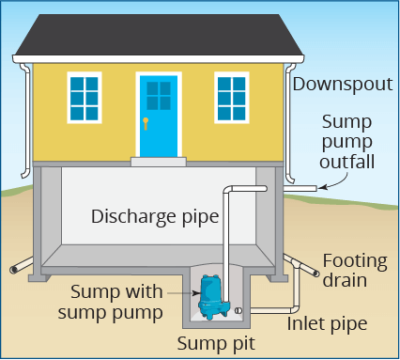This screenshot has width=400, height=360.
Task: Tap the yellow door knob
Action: click(146, 122)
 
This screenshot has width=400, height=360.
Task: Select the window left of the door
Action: click(84, 97)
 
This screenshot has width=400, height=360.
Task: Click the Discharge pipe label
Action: click(155, 216)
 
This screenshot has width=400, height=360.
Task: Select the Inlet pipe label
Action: click(326, 323)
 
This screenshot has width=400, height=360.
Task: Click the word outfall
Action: click(347, 162)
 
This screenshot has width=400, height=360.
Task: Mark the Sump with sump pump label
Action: click(115, 301)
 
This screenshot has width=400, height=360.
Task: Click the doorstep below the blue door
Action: click(158, 161)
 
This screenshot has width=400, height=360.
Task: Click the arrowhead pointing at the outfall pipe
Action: click(321, 188)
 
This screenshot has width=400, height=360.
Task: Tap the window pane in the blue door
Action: click(158, 95)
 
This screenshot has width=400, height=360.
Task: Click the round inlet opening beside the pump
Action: click(242, 309)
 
